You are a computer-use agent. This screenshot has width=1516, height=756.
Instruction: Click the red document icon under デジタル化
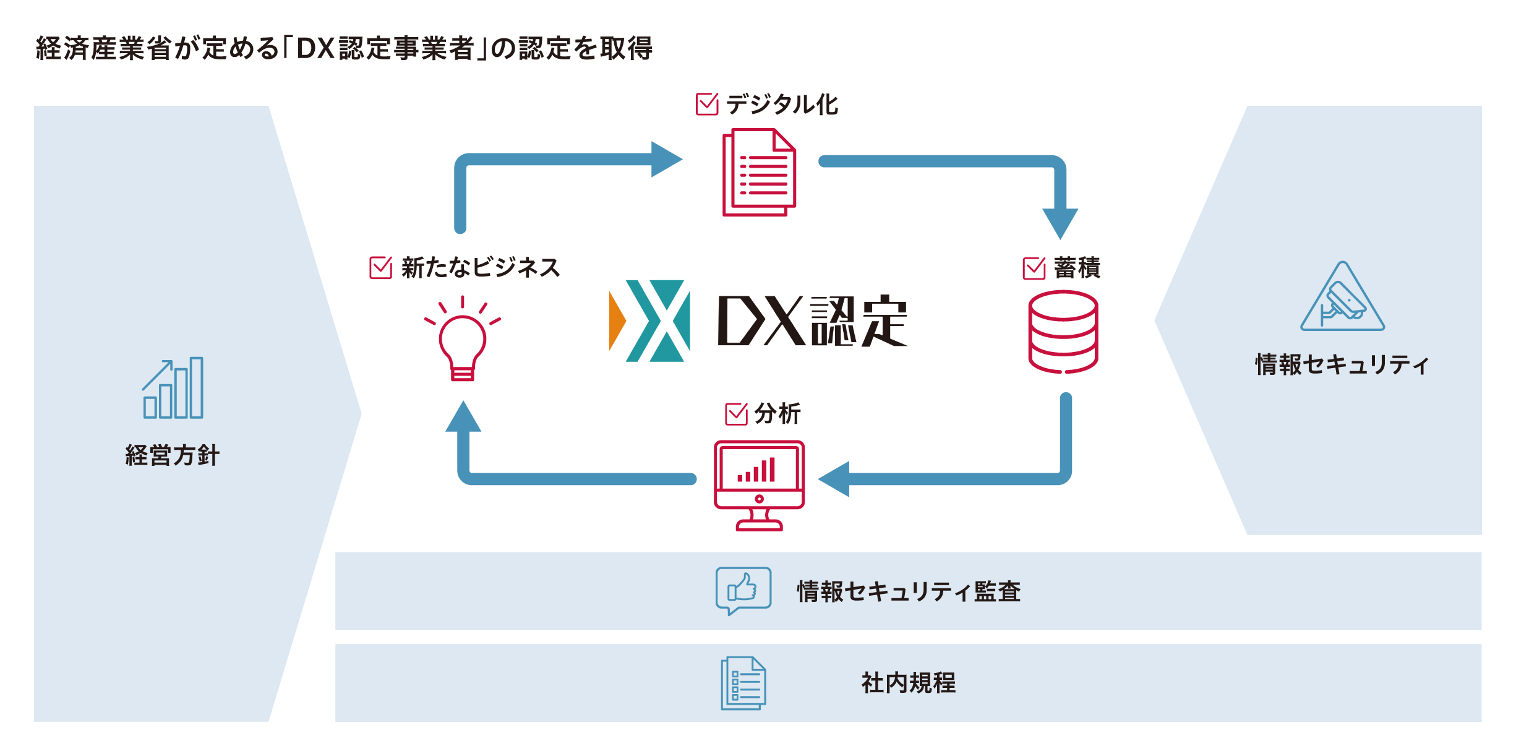point(759,173)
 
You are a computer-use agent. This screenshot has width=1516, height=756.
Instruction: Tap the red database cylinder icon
point(1063,332)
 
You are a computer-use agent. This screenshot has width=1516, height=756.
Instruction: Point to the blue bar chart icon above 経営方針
point(173,389)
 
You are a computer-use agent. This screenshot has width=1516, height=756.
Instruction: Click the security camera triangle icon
point(1342,300)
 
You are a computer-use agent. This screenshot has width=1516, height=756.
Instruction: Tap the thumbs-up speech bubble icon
point(743,590)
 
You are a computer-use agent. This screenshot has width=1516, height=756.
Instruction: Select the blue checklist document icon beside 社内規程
point(743,683)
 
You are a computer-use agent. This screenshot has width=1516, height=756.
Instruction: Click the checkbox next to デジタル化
point(707,105)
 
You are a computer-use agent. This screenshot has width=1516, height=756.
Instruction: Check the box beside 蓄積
point(1034,268)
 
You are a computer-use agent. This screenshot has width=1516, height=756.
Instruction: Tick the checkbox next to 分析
point(736,414)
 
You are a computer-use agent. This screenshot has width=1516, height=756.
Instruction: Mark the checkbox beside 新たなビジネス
point(380,268)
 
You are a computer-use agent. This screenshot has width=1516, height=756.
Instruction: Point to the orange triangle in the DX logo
point(617,320)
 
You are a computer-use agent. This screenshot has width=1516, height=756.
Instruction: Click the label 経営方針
point(173,455)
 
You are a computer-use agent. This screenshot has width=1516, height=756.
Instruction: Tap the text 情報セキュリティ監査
point(909,591)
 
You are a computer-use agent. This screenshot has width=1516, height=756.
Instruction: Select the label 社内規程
point(909,683)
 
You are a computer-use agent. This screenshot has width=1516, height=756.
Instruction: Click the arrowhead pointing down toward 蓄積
point(1060,223)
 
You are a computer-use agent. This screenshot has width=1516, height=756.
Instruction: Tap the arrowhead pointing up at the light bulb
point(463,417)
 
